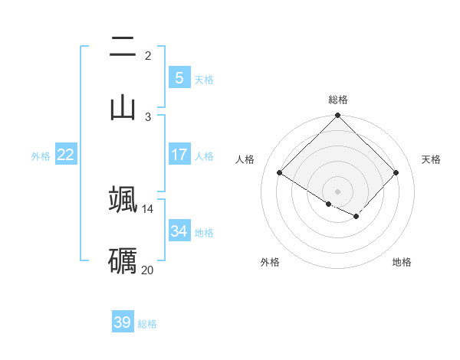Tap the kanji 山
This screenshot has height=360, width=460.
point(123,106)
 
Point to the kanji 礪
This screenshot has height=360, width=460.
point(123,260)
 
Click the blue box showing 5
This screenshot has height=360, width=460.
point(179,77)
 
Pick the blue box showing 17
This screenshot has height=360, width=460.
point(179,155)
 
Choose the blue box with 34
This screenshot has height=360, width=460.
point(179,231)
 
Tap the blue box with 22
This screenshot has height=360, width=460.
point(66,155)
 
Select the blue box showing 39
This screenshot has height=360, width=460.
point(123,322)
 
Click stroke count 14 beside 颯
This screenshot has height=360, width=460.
point(148,208)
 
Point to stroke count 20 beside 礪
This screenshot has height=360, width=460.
point(148,270)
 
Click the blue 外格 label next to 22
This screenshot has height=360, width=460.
point(41,155)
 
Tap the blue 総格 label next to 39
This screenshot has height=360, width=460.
point(147,323)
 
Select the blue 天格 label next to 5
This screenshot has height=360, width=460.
point(204,79)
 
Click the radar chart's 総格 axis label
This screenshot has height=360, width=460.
point(338,100)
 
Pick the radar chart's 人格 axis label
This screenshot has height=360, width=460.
point(245,159)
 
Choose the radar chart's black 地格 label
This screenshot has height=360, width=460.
point(402,262)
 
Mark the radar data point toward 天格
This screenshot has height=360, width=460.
point(396,172)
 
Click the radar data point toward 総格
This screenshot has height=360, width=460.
point(338,116)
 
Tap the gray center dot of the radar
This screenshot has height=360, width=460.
point(338,191)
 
